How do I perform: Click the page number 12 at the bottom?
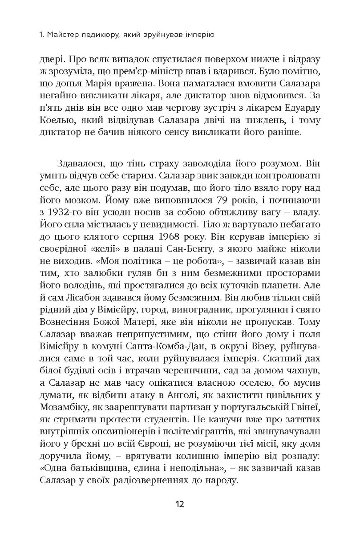[x=180, y=504]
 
